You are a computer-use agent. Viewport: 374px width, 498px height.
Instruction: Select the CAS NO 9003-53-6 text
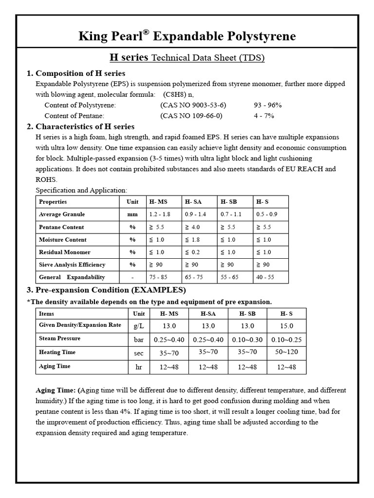coord(193,105)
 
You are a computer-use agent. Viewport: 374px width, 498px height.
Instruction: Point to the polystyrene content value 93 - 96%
coord(267,105)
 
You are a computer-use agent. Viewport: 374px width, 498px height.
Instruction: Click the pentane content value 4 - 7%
coord(264,116)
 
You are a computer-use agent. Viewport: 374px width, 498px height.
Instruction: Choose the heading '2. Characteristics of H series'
coord(80,126)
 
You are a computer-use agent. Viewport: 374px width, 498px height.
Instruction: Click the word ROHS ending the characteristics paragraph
coord(46,179)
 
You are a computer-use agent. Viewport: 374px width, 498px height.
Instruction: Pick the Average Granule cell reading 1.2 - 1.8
coord(159,214)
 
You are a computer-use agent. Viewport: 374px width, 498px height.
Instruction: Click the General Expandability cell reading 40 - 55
coord(265,277)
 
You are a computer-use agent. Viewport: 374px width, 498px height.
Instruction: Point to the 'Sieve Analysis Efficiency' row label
coord(72,265)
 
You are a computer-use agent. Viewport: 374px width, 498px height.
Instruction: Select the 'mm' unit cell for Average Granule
coord(132,214)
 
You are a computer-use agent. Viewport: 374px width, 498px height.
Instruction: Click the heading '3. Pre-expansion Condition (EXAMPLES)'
coord(106,290)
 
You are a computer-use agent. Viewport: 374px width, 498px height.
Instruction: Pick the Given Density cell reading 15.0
coord(286,326)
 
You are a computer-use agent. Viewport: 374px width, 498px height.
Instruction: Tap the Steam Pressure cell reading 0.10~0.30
coord(247,339)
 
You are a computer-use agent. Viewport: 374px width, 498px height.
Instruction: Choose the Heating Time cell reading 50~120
coord(286,352)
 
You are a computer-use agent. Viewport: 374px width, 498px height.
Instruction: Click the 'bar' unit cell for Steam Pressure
coord(139,339)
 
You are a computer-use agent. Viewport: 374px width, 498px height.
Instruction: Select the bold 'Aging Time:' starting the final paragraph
coord(56,391)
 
